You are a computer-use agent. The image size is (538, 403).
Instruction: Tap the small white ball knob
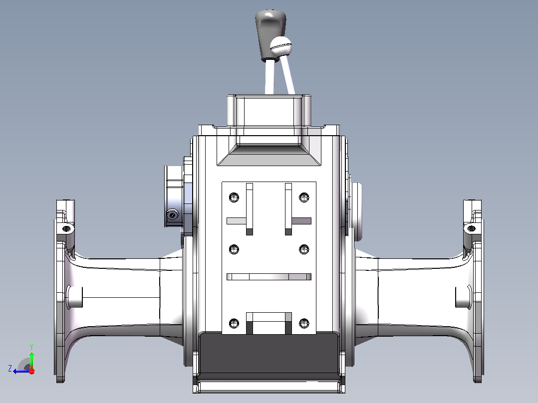[x=280, y=46]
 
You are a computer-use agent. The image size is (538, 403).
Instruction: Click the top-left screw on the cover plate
[x=234, y=197]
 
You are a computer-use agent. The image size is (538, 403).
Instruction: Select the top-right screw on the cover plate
[x=304, y=197]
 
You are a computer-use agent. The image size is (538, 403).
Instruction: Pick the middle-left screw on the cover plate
[x=234, y=249]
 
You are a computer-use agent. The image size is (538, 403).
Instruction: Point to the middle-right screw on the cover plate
[x=304, y=249]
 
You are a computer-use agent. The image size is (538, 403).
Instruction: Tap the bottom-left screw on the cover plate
[x=234, y=323]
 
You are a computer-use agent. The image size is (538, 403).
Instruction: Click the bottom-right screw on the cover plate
[x=304, y=323]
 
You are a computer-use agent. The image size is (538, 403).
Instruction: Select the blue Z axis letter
[x=10, y=369]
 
